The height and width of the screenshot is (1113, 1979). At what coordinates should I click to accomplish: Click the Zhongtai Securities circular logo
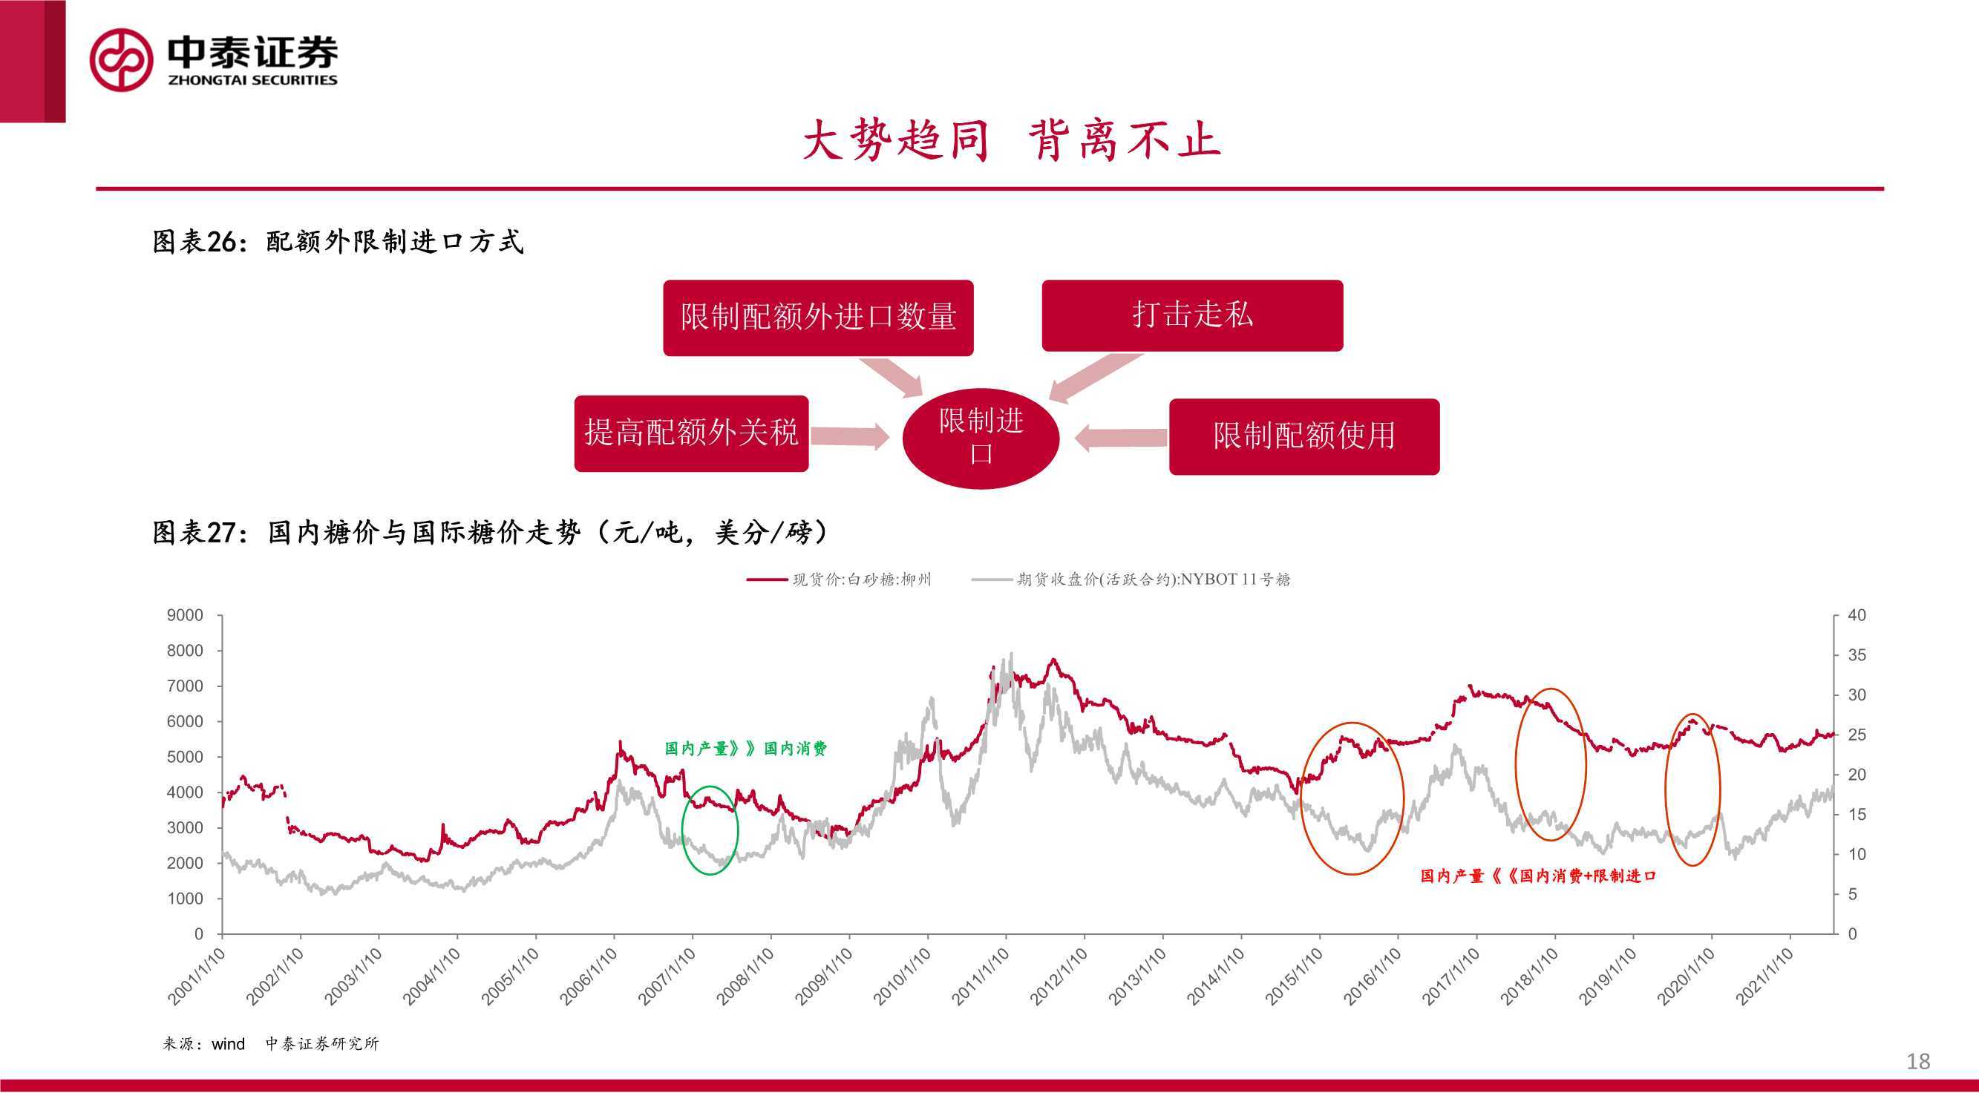point(122,60)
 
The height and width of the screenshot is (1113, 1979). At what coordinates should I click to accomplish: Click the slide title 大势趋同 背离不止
point(1011,140)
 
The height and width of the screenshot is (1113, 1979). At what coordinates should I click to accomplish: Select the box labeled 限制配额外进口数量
point(818,318)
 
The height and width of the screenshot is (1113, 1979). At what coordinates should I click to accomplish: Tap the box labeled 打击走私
point(1192,315)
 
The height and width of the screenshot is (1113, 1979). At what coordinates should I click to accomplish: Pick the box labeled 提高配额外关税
point(691,433)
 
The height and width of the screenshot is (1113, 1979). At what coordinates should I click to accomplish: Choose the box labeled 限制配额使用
point(1304,436)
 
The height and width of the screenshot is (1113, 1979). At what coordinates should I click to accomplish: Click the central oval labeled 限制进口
point(981,438)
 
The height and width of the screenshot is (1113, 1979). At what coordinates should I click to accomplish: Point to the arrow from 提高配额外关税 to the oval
point(851,436)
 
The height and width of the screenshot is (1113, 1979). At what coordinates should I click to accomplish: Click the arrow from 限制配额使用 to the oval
point(1121,438)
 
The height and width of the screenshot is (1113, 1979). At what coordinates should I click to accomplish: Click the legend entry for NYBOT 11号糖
point(1131,580)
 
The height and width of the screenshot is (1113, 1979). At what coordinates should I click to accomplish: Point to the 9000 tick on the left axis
point(185,615)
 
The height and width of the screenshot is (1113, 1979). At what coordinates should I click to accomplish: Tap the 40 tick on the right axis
point(1857,615)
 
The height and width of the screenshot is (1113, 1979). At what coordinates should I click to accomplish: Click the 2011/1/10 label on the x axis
point(981,976)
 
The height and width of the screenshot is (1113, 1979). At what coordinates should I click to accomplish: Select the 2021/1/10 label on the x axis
point(1764,976)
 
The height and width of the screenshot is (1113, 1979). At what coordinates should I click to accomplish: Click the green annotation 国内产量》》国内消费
point(745,749)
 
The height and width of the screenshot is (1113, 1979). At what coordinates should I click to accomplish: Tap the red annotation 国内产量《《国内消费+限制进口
point(1538,876)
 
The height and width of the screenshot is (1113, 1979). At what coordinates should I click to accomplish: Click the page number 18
point(1918,1062)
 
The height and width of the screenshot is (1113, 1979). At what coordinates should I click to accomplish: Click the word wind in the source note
point(228,1044)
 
